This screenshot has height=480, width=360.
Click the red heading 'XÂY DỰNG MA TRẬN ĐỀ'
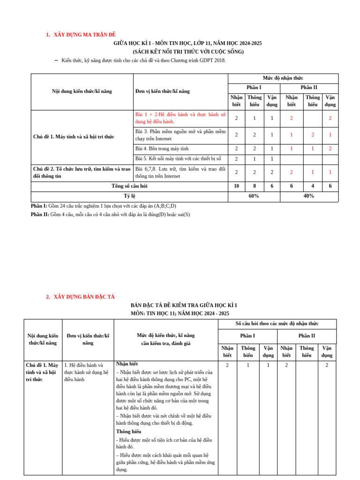coord(84,35)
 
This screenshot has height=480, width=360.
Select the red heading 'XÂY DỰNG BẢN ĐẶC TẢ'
coord(84,297)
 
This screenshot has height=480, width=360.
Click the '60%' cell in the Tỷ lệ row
coord(254,196)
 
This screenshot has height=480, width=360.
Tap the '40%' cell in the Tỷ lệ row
coord(309,196)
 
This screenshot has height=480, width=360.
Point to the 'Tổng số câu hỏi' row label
coord(129,186)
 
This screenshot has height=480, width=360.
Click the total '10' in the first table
coord(236,186)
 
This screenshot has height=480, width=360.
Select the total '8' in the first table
coord(255,186)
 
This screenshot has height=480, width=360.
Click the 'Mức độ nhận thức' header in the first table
coord(283,78)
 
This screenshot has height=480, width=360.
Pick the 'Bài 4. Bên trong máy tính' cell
coord(162,149)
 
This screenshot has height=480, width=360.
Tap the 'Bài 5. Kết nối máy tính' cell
coord(178,159)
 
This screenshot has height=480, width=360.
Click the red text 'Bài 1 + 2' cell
coord(180,118)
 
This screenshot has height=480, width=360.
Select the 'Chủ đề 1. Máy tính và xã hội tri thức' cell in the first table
coord(74,136)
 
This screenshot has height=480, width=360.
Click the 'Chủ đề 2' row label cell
coord(82,172)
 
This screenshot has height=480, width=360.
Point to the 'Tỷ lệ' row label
coord(129,196)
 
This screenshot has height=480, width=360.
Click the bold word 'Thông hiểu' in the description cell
coord(128,431)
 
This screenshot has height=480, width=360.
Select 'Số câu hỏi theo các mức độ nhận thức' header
coord(277,323)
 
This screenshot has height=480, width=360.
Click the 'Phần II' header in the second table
coord(307,336)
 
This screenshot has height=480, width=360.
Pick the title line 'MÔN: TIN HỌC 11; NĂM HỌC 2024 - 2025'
coord(180,313)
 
